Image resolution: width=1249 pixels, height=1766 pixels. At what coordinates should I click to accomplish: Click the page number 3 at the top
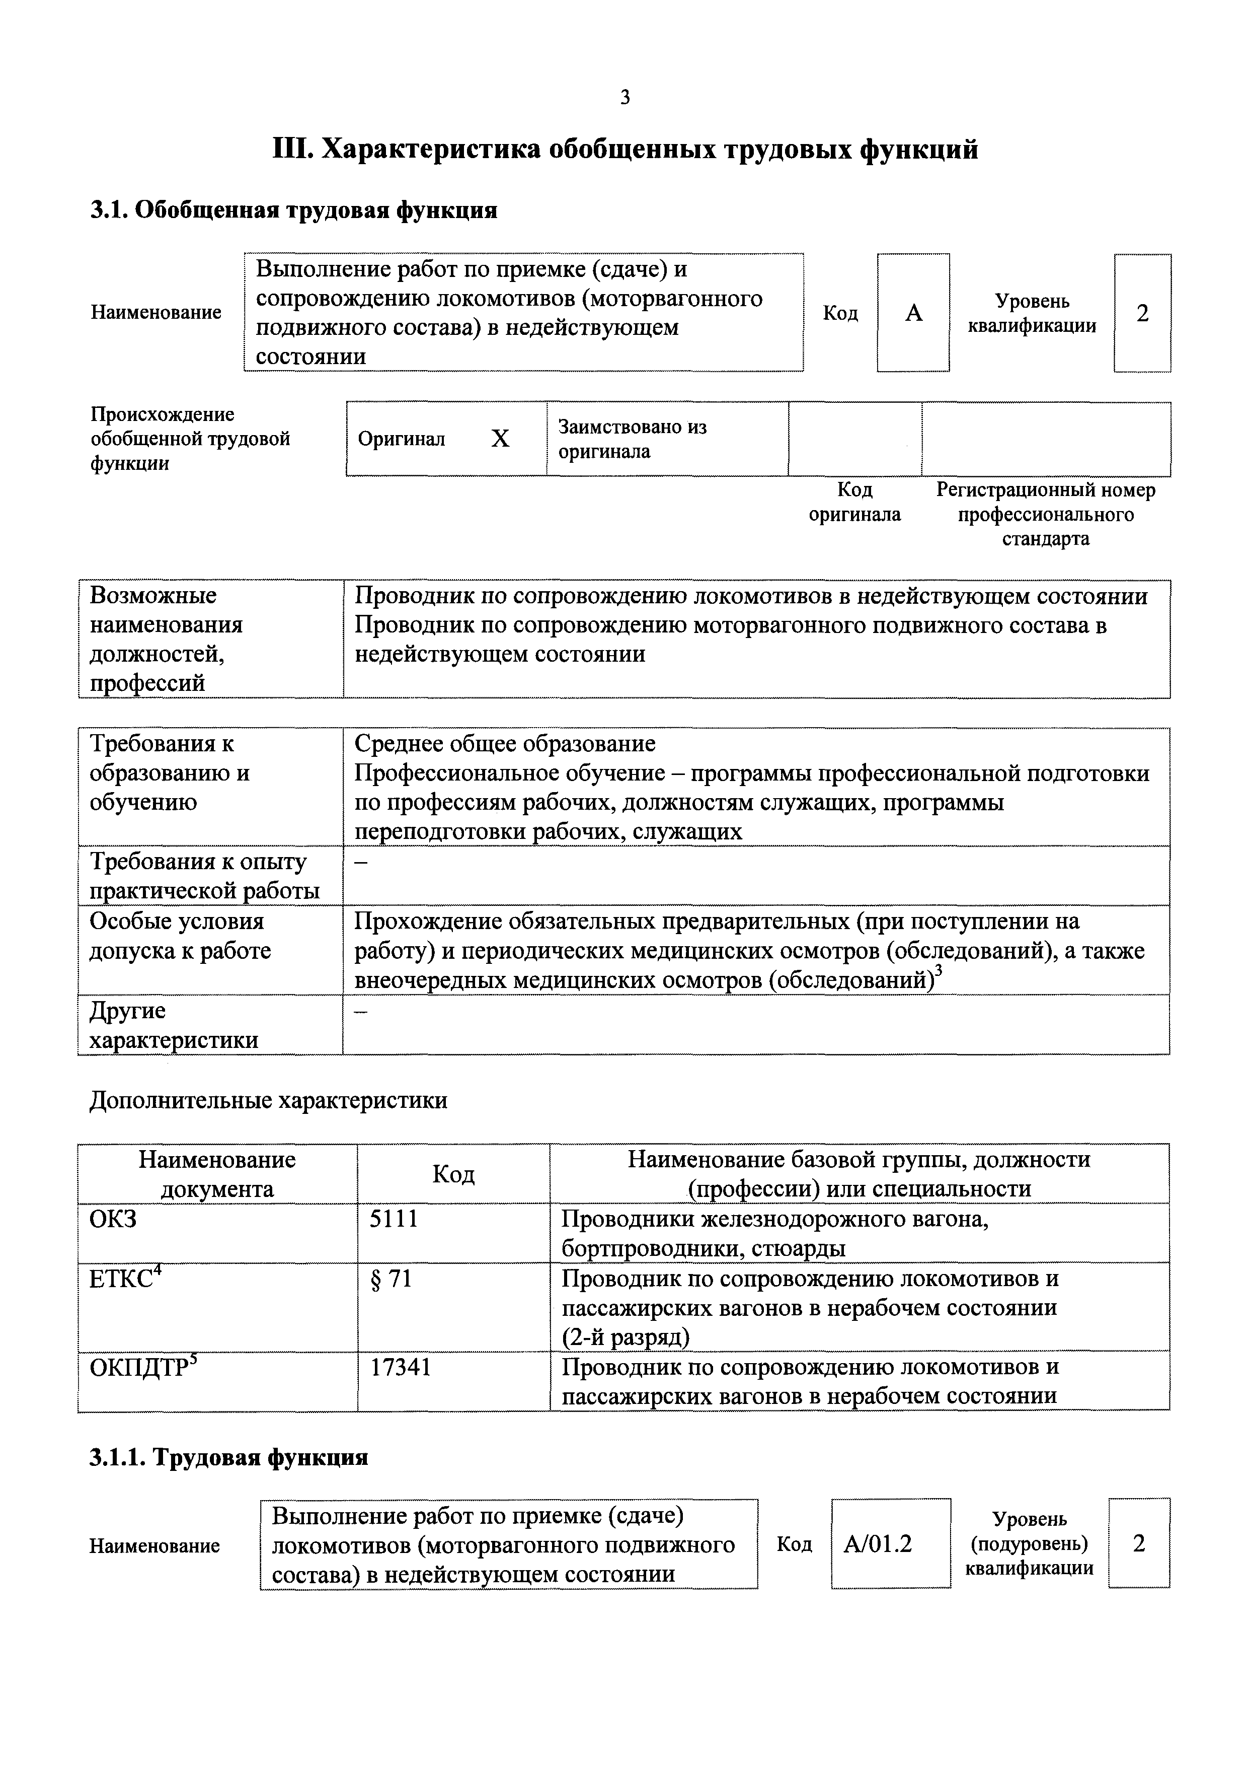point(624,98)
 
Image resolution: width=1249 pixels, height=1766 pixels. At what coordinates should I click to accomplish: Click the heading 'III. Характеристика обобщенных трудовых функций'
point(626,149)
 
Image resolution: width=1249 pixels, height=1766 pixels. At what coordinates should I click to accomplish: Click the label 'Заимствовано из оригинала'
point(632,439)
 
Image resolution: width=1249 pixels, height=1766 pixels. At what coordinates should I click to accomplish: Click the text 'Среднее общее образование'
point(505,743)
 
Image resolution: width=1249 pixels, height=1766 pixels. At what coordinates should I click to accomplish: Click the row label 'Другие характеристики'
point(174,1025)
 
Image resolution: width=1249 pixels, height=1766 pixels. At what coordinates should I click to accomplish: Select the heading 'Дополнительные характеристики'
point(268,1100)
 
